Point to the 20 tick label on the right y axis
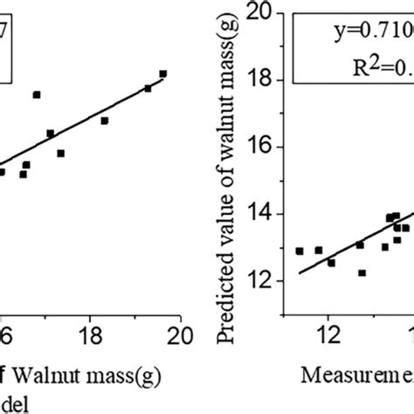click(259, 12)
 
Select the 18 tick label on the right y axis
click(260, 80)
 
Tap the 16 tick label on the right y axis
click(260, 147)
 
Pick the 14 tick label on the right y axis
click(260, 214)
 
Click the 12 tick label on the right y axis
click(260, 280)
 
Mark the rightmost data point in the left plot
click(162, 74)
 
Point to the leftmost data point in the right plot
click(300, 251)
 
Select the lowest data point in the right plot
click(362, 273)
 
